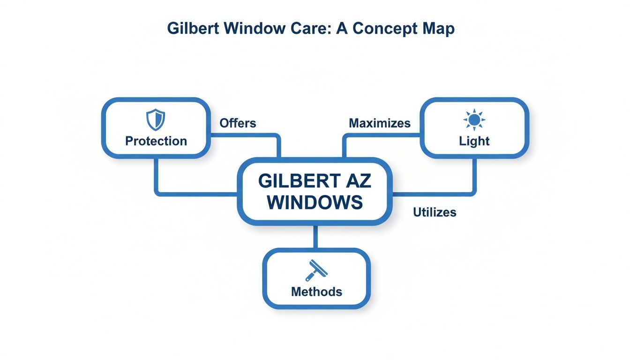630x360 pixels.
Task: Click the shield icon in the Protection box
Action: tap(156, 120)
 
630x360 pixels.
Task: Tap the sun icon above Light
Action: tap(474, 120)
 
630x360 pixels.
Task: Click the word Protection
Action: tap(156, 141)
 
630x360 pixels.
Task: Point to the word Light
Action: tap(474, 141)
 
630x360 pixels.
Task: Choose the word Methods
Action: tap(316, 292)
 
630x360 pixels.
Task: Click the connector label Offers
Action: tap(238, 123)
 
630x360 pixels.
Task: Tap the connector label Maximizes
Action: tap(379, 123)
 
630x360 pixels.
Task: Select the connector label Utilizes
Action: tap(434, 212)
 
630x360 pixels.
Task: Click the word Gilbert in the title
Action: tap(193, 29)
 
